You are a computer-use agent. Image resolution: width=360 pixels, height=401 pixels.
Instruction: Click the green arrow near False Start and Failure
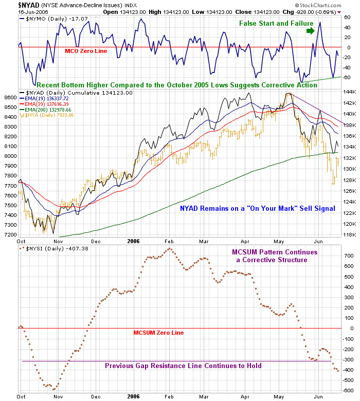click(x=310, y=31)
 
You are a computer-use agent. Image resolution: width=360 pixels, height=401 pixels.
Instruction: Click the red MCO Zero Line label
click(x=85, y=51)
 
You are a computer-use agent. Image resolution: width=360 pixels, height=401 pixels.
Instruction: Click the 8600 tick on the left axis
click(x=10, y=97)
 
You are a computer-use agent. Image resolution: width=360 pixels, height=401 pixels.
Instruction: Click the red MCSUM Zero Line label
click(x=158, y=333)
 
